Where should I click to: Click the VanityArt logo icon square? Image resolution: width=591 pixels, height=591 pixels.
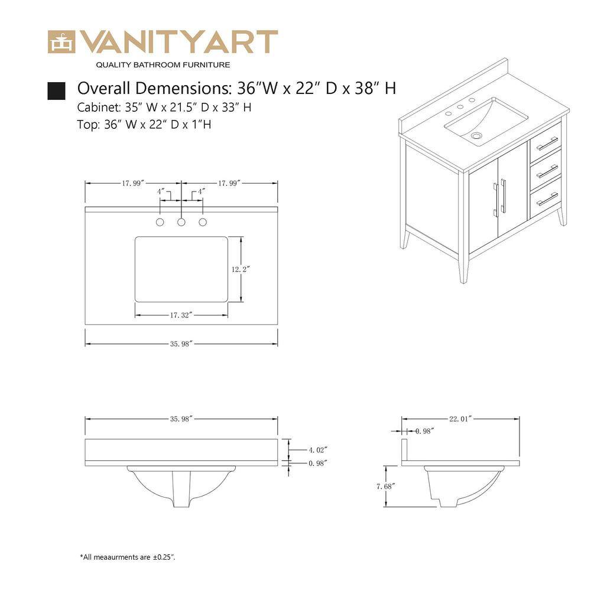tap(61, 42)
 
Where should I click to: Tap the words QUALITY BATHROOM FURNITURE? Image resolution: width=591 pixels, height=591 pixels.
tap(163, 65)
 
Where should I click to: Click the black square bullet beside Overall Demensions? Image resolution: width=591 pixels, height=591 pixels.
tap(56, 91)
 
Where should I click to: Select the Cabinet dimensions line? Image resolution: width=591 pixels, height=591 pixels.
tap(164, 108)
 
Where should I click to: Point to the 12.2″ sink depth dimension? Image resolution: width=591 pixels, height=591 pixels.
tap(241, 269)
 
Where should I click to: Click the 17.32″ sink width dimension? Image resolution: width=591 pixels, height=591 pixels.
tap(181, 315)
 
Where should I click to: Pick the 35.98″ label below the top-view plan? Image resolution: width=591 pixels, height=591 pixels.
tap(181, 344)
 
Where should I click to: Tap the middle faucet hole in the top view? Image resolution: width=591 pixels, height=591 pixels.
tap(181, 222)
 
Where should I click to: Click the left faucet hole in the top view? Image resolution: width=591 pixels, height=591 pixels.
tap(160, 222)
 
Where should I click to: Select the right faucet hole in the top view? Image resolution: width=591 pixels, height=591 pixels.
tap(203, 222)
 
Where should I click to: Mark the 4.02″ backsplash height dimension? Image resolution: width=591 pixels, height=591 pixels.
tap(318, 450)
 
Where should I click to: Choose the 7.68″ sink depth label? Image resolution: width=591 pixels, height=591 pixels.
tap(385, 486)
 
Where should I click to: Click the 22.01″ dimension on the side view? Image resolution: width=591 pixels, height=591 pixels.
tap(460, 419)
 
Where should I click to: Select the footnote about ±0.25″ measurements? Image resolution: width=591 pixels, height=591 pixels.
tap(128, 557)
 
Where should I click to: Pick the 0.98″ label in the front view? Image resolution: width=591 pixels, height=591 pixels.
tap(318, 463)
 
